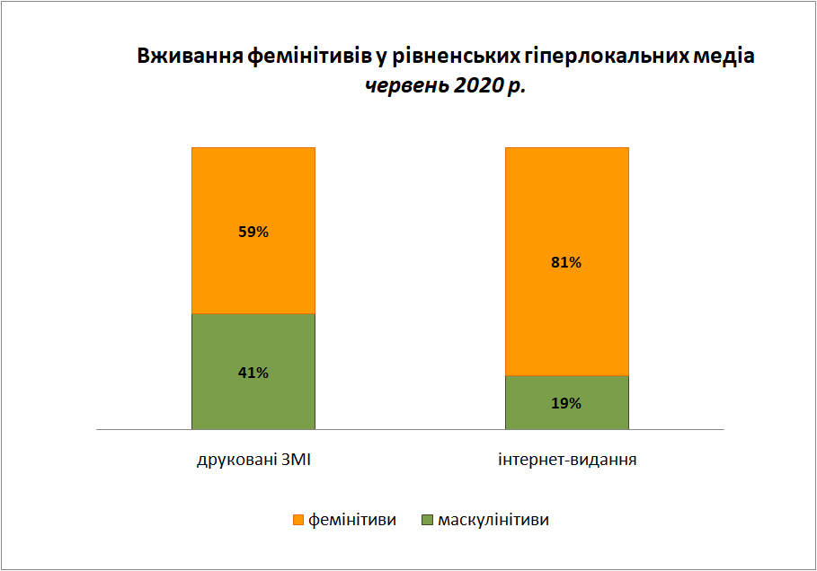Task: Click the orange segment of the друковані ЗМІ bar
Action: pos(253,231)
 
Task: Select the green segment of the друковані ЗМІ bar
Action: pos(253,372)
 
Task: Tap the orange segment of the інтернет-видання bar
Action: pos(567,261)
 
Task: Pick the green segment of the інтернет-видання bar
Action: pos(567,402)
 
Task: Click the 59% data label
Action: pos(253,232)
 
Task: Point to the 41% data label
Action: pos(253,373)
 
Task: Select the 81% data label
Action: pos(566,262)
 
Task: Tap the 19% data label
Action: pos(566,403)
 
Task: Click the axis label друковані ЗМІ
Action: pos(253,461)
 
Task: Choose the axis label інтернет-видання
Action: pos(567,461)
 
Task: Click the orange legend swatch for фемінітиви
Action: pos(298,520)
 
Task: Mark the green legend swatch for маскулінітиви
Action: pos(427,520)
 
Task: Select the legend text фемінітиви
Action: pos(352,520)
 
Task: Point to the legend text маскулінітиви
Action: pos(493,520)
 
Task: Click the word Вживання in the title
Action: pos(191,56)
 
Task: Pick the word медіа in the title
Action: pos(724,56)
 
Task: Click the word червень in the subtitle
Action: pos(406,85)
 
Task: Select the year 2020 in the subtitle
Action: pos(478,85)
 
